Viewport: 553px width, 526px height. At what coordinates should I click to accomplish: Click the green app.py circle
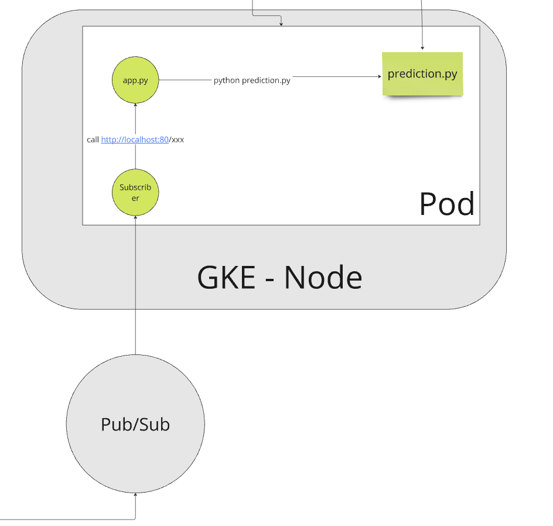[135, 80]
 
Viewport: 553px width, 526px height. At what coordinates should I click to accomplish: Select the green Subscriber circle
[135, 193]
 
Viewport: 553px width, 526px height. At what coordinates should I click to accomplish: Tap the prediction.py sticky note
[422, 74]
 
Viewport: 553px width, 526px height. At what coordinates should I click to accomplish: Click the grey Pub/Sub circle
[135, 423]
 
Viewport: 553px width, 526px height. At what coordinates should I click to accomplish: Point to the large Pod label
[446, 204]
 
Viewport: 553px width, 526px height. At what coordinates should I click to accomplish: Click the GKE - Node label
[279, 277]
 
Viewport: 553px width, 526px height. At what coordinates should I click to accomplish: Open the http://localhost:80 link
[135, 140]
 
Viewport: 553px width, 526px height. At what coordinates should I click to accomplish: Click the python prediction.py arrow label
[252, 80]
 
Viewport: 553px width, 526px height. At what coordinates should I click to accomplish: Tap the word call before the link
[93, 140]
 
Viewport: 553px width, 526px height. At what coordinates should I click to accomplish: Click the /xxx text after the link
[177, 140]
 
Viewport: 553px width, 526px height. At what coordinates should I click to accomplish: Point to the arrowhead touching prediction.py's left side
[379, 76]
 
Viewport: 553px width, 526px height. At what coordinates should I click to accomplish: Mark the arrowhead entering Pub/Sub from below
[135, 496]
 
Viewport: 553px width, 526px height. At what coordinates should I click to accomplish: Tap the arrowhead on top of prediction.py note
[422, 49]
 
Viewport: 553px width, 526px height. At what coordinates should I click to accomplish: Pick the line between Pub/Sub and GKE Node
[135, 331]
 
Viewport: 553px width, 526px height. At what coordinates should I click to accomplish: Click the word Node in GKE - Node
[323, 277]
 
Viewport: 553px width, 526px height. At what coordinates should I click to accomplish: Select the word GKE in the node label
[226, 277]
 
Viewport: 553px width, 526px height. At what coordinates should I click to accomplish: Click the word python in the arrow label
[227, 80]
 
